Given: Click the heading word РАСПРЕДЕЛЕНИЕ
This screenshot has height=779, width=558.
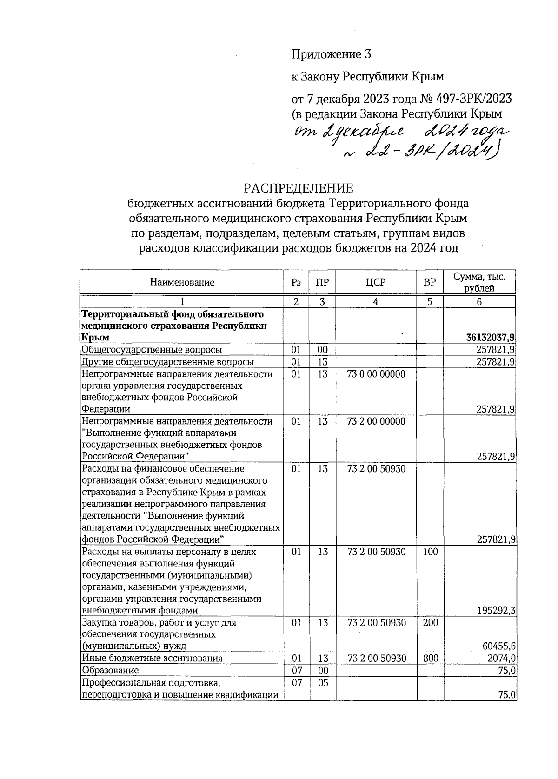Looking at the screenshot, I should click(x=299, y=188).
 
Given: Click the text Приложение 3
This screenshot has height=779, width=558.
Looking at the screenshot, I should click(x=331, y=55).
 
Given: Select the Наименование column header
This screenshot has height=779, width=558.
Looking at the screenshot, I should click(x=182, y=282).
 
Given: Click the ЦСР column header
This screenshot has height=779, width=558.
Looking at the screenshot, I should click(x=376, y=282).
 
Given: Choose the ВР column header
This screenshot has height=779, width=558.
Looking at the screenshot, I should click(x=430, y=282).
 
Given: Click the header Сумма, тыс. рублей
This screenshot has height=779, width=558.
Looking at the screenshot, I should click(x=479, y=282).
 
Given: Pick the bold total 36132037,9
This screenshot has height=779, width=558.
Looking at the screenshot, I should click(x=490, y=337).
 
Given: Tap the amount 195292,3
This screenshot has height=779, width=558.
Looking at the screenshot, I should click(x=496, y=611).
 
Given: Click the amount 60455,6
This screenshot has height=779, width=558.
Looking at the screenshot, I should click(x=498, y=646).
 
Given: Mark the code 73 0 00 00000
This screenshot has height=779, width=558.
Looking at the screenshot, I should click(x=376, y=374).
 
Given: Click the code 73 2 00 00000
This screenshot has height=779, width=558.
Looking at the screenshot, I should click(x=376, y=421).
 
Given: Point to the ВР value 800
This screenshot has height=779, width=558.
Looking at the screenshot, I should click(x=430, y=658).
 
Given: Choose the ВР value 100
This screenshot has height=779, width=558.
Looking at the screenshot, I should click(x=430, y=552).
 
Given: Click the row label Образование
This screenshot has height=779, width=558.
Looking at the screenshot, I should click(x=110, y=670).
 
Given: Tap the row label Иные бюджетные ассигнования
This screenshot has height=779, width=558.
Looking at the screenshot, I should click(x=152, y=658).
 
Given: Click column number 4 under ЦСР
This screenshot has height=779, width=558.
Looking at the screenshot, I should click(x=376, y=301).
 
